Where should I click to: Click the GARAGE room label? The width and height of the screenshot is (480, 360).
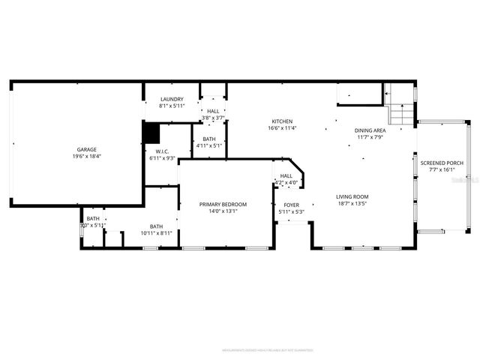click(x=86, y=149)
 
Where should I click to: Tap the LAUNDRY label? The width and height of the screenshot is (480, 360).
click(x=171, y=100)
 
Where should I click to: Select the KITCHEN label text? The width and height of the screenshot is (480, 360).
click(x=282, y=121)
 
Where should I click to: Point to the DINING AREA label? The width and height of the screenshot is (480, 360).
click(x=370, y=130)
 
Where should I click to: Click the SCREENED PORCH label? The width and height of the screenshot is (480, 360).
click(x=442, y=163)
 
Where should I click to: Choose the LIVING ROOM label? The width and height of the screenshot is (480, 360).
click(x=352, y=197)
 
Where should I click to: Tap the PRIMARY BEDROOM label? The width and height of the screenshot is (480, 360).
click(x=223, y=204)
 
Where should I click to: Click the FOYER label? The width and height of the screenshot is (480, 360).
click(x=291, y=205)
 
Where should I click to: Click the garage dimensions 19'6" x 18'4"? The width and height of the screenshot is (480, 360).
click(x=86, y=156)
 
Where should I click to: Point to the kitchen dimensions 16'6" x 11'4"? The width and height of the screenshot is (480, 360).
click(x=282, y=128)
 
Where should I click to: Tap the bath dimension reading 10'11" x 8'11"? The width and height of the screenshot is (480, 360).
click(x=156, y=233)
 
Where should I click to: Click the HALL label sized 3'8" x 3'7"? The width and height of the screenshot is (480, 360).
click(x=214, y=111)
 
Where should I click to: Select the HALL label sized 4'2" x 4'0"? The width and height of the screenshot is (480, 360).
click(x=286, y=175)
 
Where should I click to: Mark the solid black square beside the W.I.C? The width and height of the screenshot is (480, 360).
click(x=151, y=133)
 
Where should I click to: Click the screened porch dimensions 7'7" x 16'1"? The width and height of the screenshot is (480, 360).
click(x=442, y=169)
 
